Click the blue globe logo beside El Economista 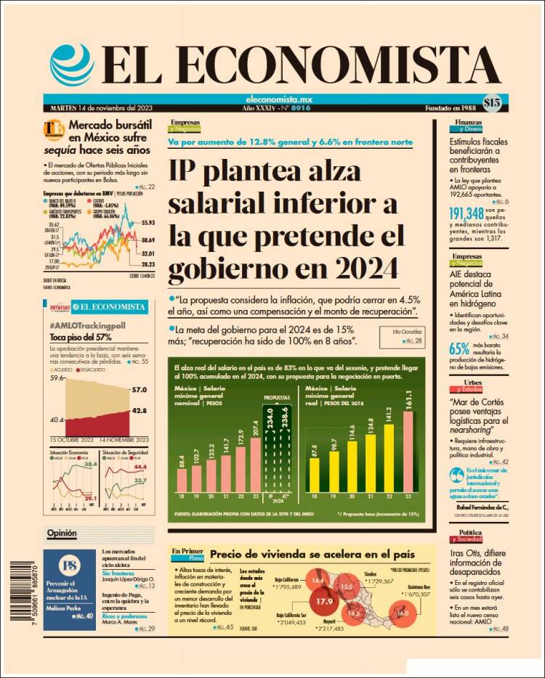(72, 65)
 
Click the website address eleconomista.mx (270, 99)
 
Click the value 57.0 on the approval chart (139, 390)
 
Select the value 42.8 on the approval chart (139, 411)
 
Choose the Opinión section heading (62, 534)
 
